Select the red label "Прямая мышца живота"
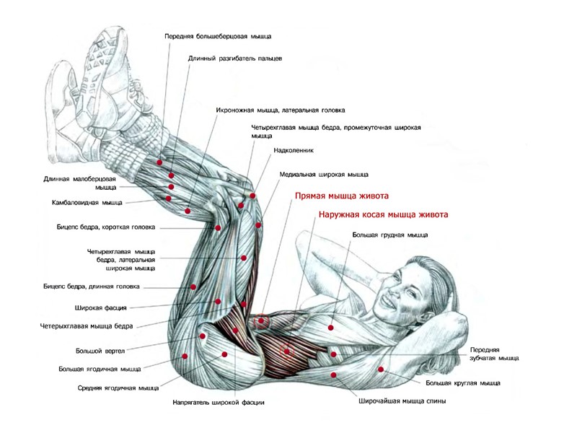342,196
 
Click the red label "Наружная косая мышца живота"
384,214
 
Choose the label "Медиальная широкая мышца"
324,174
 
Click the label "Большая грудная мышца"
389,235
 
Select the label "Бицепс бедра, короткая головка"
106,227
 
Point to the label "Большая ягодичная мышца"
100,369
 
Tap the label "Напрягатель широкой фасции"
219,402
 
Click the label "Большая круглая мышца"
462,382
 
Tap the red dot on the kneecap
253,196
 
